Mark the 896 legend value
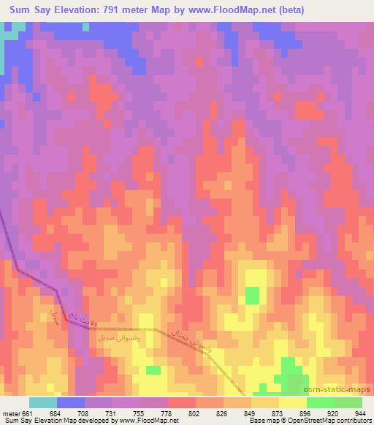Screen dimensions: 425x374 tap(304, 414)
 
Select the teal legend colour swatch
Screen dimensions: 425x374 tap(42, 402)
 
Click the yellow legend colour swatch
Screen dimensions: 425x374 tap(291, 402)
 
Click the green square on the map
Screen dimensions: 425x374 tap(252, 296)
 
